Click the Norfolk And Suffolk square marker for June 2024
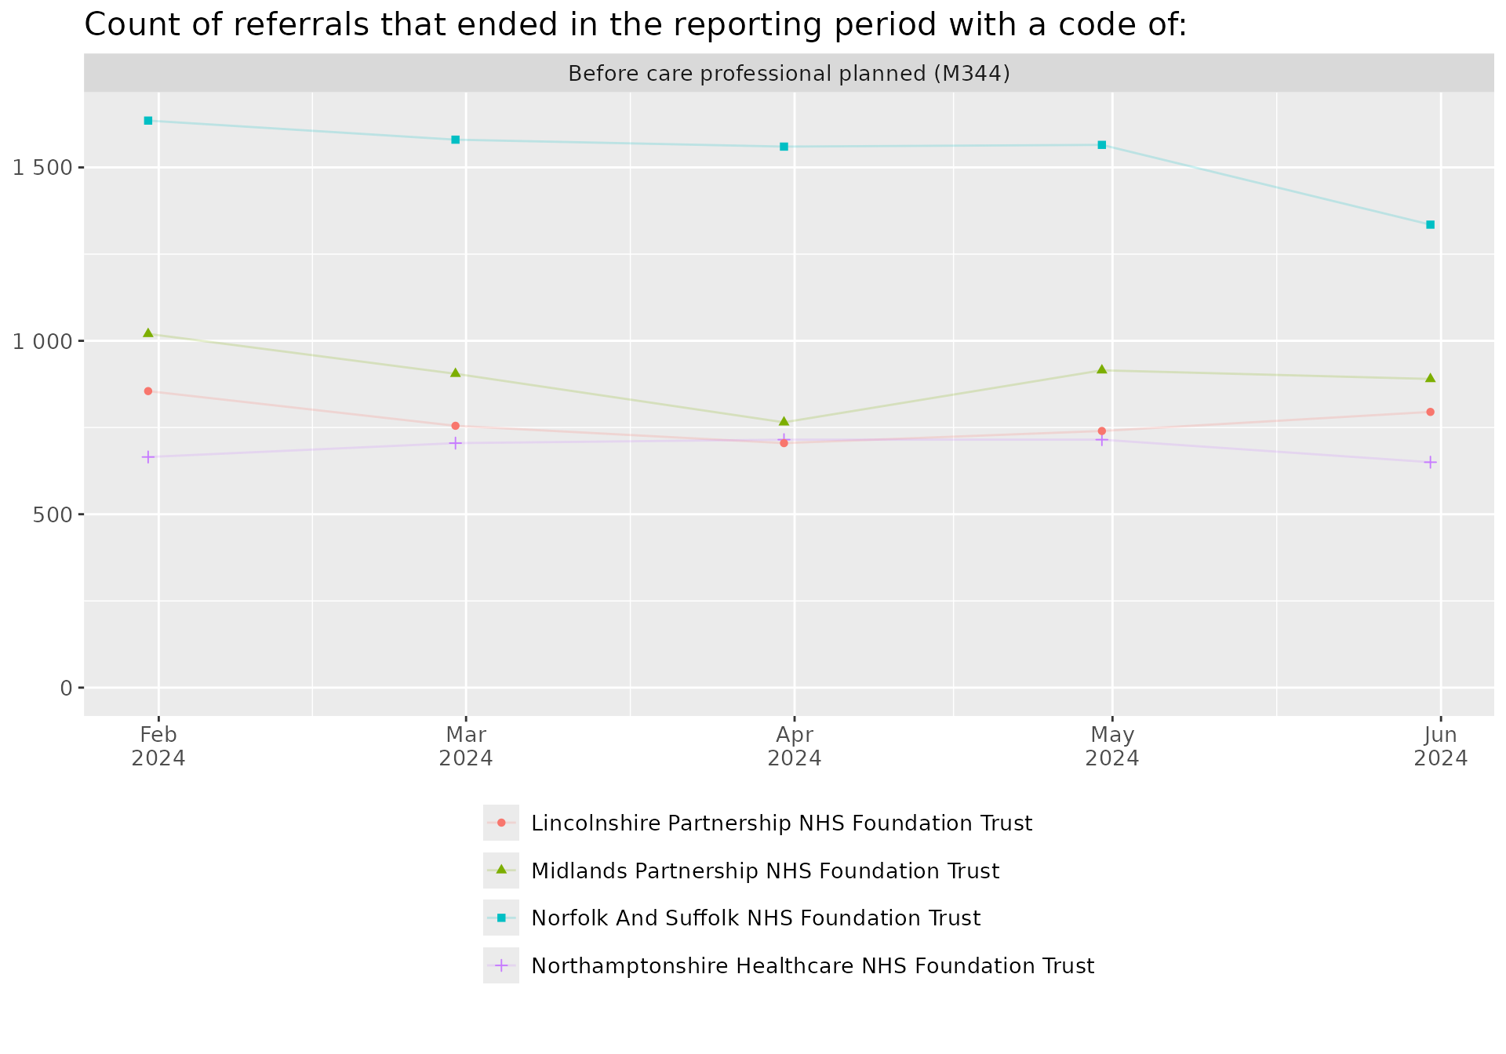(x=1430, y=225)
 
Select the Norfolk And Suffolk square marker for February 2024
(x=147, y=121)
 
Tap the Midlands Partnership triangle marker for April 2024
(x=784, y=422)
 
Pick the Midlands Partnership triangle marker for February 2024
(x=147, y=333)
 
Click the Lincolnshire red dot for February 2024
(x=147, y=391)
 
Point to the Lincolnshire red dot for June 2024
(x=1430, y=412)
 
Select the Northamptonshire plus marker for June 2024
(x=1430, y=463)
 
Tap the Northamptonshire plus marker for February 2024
(x=147, y=457)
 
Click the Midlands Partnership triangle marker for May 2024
(x=1101, y=369)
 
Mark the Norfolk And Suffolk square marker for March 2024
(x=455, y=140)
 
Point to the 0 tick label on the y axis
(x=66, y=689)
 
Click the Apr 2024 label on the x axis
(x=794, y=747)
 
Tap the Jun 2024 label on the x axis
(x=1440, y=747)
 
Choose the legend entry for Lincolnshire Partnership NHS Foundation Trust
(x=780, y=823)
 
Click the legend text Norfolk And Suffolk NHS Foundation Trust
(x=755, y=918)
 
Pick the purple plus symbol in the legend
(x=501, y=965)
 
